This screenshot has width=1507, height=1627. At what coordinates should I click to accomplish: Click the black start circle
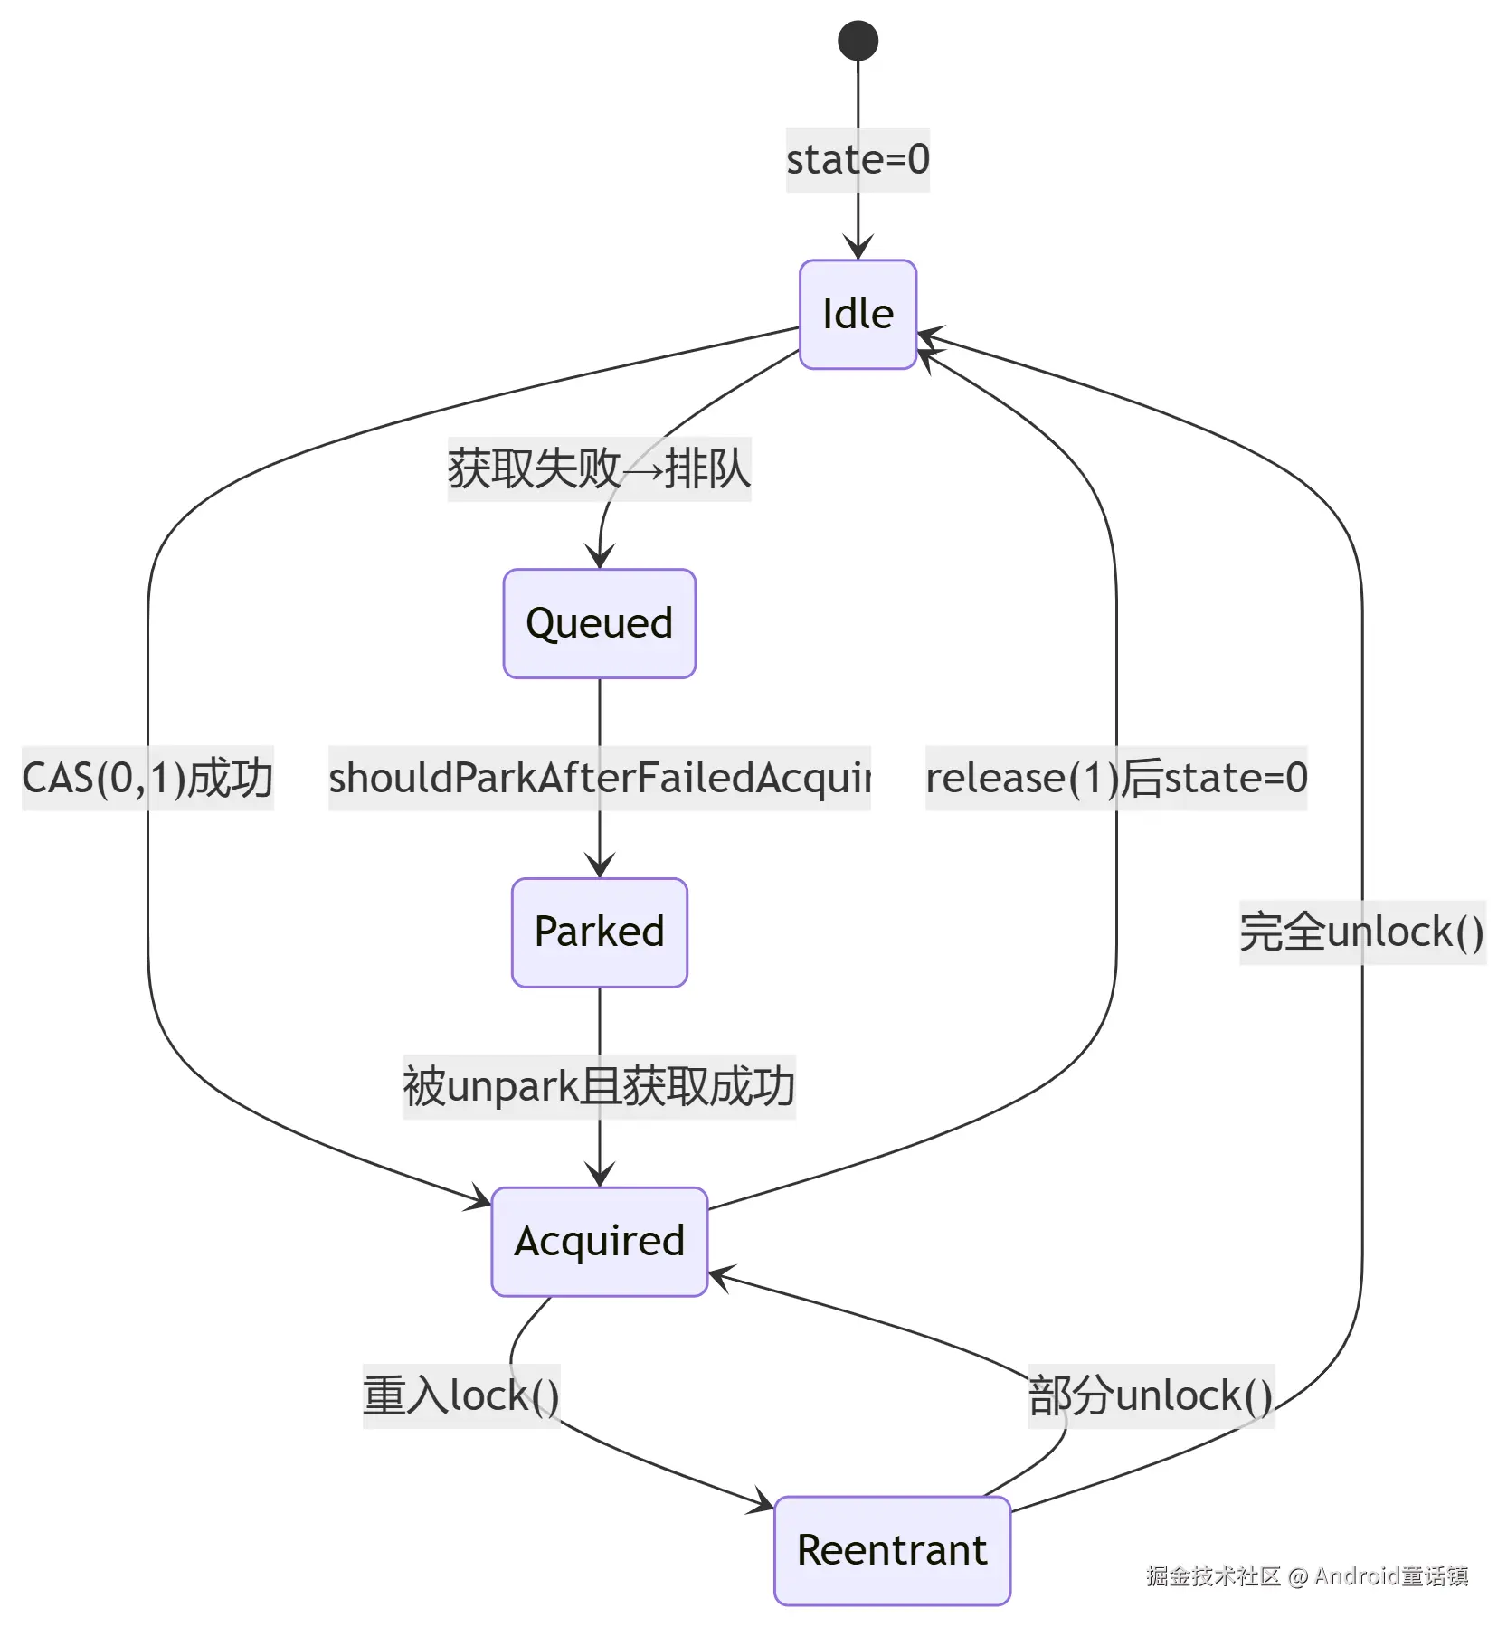[858, 41]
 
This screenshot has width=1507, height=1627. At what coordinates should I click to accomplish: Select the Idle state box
[858, 315]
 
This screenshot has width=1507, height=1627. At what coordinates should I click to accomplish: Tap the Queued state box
[599, 623]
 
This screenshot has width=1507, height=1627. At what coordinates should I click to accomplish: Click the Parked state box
[599, 932]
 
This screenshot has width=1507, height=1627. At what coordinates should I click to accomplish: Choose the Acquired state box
[599, 1241]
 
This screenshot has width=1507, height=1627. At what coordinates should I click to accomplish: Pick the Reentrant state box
[892, 1550]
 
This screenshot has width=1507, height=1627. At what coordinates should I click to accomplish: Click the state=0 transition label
[858, 160]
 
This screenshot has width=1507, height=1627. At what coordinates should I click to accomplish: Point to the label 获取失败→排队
[599, 468]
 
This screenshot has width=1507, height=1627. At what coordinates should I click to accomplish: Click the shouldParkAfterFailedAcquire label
[599, 778]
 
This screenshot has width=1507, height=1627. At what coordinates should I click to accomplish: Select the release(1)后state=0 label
[1116, 778]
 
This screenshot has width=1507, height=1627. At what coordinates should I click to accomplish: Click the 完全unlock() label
[1361, 932]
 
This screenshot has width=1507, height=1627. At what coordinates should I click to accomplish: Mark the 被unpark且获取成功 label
[599, 1086]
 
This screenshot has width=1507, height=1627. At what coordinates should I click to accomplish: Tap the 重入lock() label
[461, 1395]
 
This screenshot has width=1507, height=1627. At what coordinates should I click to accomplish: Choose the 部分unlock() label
[1151, 1395]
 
